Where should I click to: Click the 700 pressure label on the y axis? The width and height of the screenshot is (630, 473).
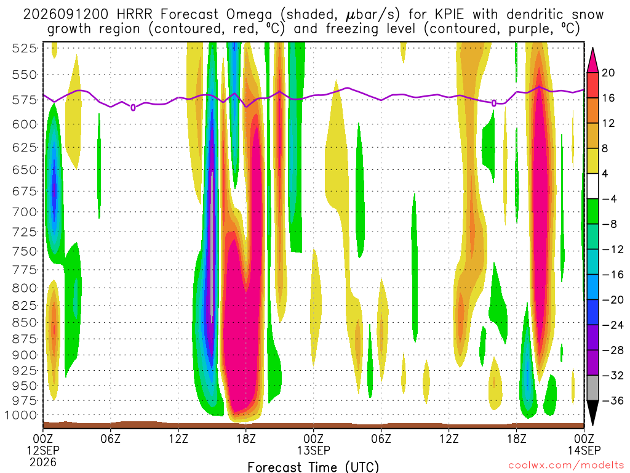tap(24, 212)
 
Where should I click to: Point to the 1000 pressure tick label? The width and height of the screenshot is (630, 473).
tap(21, 415)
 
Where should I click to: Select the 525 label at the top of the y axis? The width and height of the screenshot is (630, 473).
tap(24, 48)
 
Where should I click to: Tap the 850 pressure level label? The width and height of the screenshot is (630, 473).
tap(24, 323)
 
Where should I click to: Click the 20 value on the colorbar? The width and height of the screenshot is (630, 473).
tap(608, 73)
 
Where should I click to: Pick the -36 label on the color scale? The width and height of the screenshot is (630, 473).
tap(613, 400)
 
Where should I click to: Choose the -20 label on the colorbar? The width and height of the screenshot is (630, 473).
tap(613, 300)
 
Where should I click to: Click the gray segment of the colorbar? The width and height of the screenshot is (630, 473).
tap(592, 388)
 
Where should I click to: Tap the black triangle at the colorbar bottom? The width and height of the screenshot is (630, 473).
tap(592, 413)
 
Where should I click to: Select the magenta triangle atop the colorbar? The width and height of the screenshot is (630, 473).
tap(592, 60)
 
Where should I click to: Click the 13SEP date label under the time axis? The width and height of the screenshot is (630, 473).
tap(314, 450)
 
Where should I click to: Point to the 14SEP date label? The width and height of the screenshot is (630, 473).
tap(584, 450)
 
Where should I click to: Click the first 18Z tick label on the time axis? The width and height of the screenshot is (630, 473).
tap(246, 438)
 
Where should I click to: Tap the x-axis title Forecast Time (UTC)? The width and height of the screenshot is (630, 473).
tap(313, 467)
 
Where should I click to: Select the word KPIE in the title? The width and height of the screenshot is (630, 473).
tap(447, 15)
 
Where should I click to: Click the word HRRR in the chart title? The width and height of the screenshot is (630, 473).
tap(134, 15)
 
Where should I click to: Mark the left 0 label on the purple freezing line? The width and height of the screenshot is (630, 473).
tap(133, 107)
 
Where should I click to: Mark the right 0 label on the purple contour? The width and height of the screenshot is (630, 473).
tap(494, 103)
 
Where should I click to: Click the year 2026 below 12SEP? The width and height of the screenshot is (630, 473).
tap(43, 462)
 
